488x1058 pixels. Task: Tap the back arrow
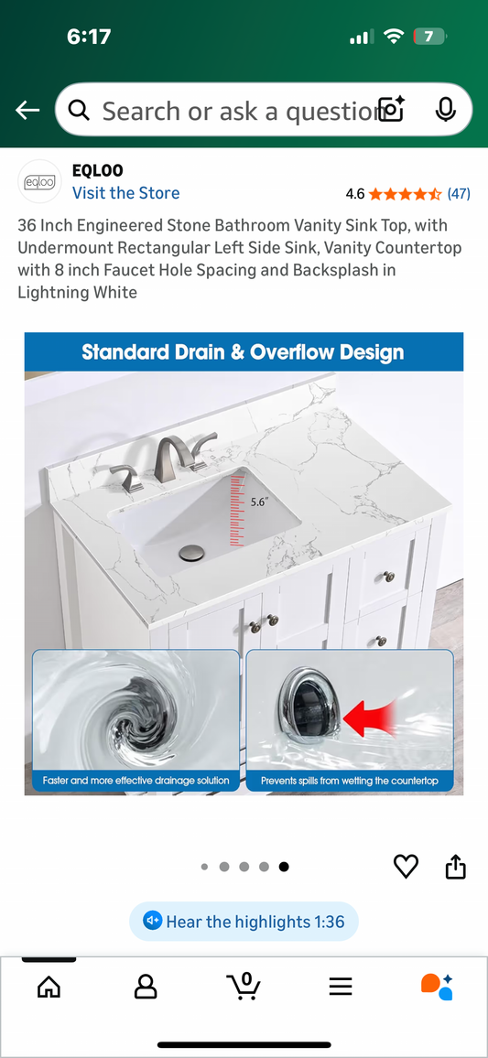pos(27,111)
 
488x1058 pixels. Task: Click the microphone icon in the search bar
pos(445,111)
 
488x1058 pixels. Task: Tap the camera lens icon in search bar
pos(391,111)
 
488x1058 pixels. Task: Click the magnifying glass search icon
pos(80,111)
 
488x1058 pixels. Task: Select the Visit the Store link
pos(125,193)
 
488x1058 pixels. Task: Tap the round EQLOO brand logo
pos(39,182)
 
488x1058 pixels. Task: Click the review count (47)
pos(459,194)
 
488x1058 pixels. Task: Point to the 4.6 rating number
pos(355,194)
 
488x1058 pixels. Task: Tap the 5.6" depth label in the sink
pos(260,502)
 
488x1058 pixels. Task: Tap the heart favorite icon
pos(406,866)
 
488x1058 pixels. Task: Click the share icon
pos(456,866)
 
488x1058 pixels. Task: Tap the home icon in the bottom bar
pos(49,987)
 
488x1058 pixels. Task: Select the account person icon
pos(146,987)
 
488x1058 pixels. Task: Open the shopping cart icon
pos(244,986)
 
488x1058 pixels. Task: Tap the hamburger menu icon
pos(341,987)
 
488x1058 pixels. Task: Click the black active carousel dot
pos(284,867)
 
